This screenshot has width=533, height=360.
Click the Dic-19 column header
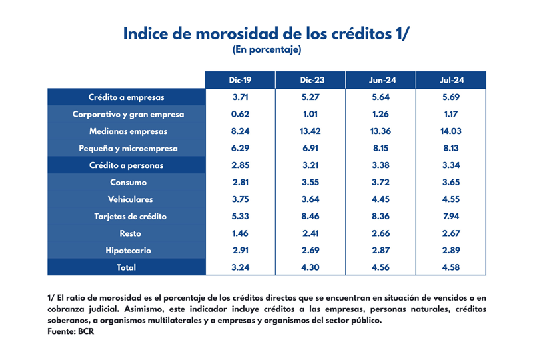(x=240, y=80)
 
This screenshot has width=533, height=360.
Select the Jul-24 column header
(x=452, y=80)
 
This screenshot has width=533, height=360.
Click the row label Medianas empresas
(x=128, y=131)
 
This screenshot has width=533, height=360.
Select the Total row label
(x=126, y=267)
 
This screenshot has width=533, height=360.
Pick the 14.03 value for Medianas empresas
(x=452, y=131)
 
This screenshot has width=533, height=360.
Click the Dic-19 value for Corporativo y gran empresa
(x=240, y=114)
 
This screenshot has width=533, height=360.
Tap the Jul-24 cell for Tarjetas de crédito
(x=452, y=217)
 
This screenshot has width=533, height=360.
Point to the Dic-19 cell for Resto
(x=240, y=233)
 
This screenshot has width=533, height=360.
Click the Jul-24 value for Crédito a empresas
(x=452, y=97)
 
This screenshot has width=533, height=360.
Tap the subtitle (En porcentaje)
(x=266, y=50)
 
